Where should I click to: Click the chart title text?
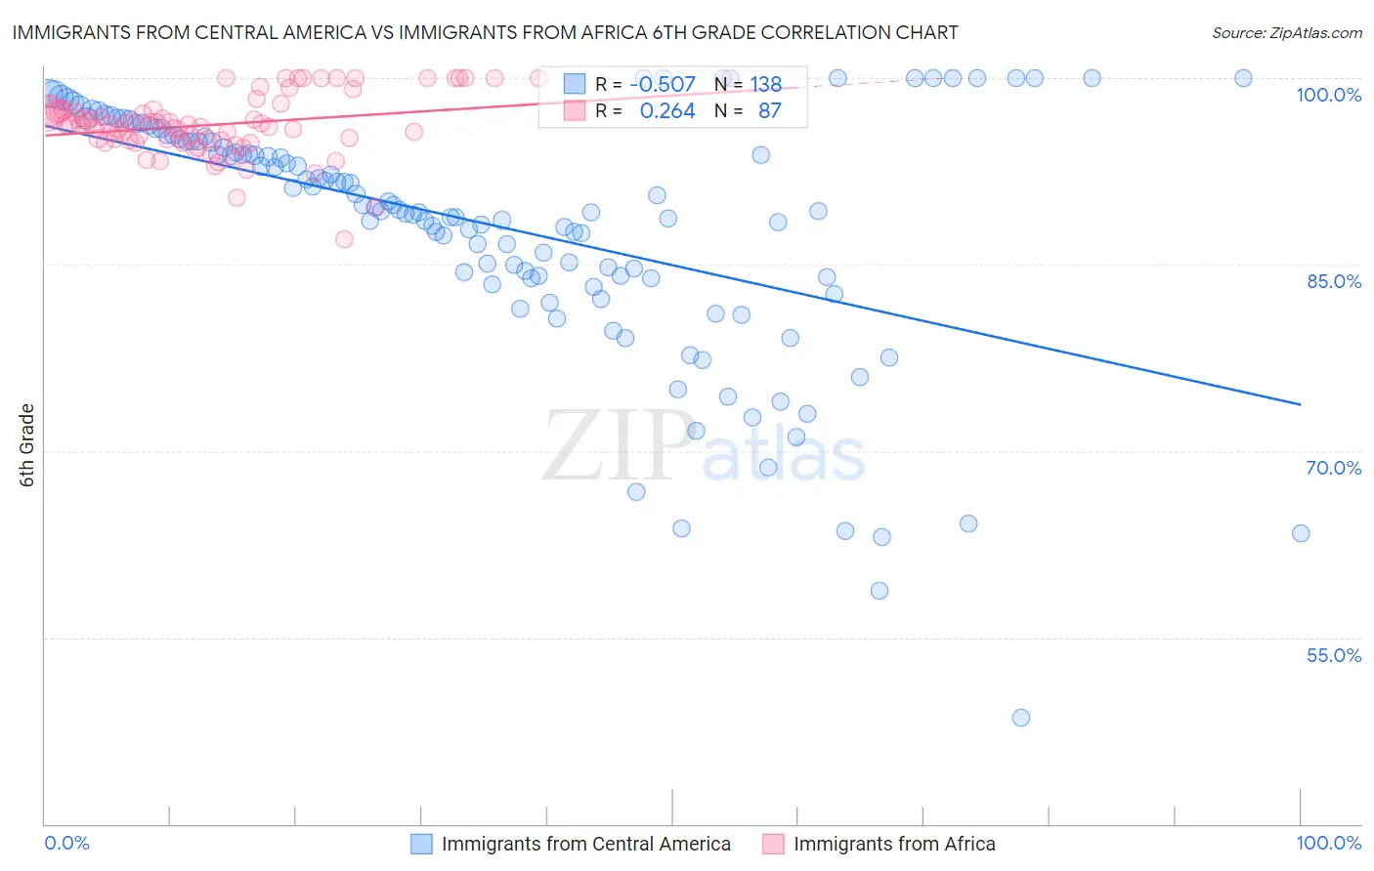(485, 32)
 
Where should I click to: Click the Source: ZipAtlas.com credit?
(1286, 32)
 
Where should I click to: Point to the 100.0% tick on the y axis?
(1328, 95)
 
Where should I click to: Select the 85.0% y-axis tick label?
(1334, 281)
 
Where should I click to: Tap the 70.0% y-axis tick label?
(1334, 468)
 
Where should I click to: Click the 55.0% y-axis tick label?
(1334, 655)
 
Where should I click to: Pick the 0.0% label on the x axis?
(67, 843)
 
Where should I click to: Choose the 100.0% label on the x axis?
(1328, 843)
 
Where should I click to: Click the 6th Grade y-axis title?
(27, 445)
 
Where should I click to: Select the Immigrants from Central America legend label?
(585, 844)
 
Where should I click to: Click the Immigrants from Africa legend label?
(894, 844)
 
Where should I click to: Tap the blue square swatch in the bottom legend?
(421, 844)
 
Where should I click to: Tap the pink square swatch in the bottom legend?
(773, 844)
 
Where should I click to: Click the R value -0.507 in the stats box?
(663, 85)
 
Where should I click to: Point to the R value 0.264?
(667, 111)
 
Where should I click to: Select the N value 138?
(765, 85)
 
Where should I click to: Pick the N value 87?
(769, 111)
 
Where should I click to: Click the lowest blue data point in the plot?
(1021, 718)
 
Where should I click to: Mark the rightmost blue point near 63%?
(1301, 533)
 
